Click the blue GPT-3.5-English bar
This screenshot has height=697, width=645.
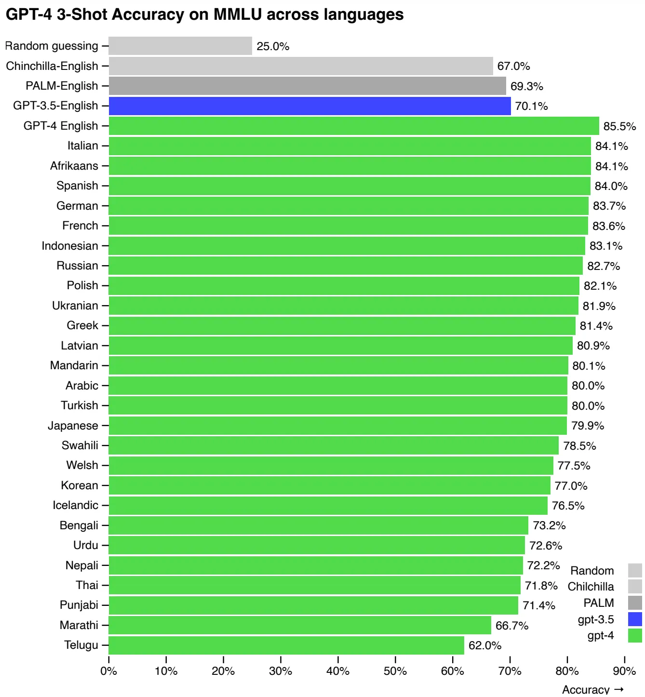point(309,106)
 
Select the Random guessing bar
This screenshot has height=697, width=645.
point(180,46)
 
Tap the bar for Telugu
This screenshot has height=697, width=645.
point(286,645)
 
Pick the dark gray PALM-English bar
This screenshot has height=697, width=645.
point(307,86)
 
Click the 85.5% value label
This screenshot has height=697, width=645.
point(619,126)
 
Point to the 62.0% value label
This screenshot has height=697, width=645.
point(485,645)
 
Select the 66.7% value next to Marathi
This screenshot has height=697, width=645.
point(512,626)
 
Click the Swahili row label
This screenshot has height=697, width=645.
point(80,445)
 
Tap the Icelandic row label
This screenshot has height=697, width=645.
point(75,505)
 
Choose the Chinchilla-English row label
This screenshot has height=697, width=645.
point(52,66)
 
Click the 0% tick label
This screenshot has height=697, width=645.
point(109,671)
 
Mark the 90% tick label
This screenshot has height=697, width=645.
point(624,671)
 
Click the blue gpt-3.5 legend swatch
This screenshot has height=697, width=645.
point(635,619)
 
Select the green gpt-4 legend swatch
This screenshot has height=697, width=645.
point(635,635)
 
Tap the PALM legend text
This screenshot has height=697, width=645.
point(598,603)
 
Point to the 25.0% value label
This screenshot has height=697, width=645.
point(273,46)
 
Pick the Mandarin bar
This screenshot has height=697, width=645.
point(338,366)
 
